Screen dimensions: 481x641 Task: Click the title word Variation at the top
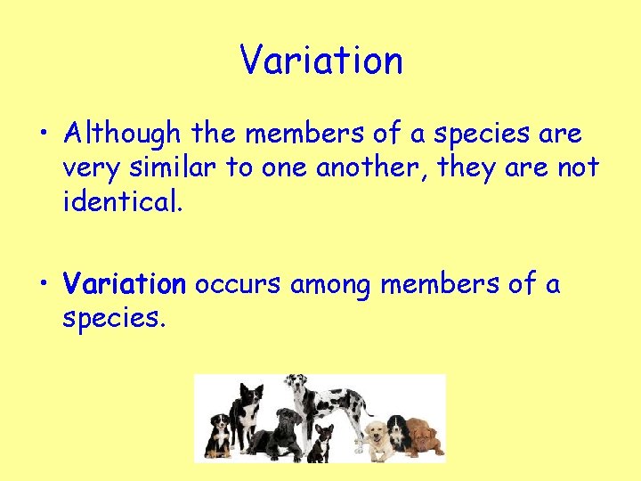tap(321, 61)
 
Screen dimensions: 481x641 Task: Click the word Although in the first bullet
tap(122, 135)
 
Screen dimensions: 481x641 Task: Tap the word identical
tap(122, 202)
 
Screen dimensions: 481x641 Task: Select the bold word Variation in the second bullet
tap(124, 284)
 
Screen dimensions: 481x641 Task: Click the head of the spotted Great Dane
tap(296, 385)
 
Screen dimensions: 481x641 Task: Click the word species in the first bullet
tap(485, 135)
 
